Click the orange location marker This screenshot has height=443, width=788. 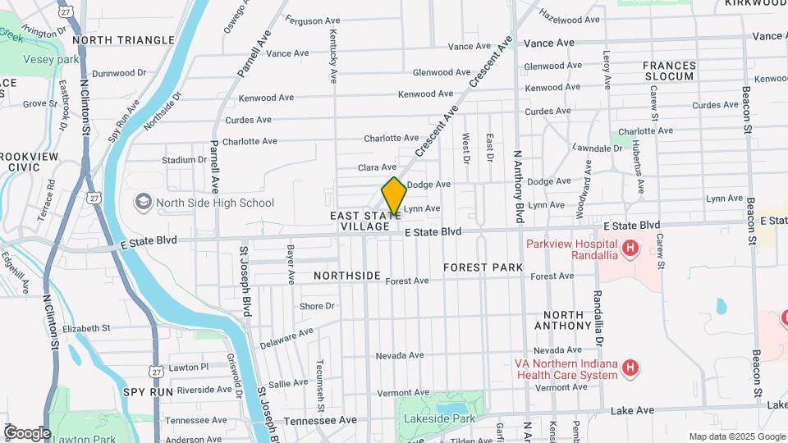coord(394,196)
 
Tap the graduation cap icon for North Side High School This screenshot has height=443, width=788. coord(144,202)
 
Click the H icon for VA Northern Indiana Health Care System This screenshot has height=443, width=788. coord(630,368)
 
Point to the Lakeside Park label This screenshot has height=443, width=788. coord(439,418)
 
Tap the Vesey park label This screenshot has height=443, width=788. coord(51,60)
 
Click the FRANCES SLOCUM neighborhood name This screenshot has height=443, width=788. coord(669,71)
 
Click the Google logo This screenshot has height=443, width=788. coord(27,432)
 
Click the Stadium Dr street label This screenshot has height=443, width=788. coord(184,160)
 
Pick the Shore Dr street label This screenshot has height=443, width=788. coord(317,306)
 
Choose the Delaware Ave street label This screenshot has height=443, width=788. coord(286,337)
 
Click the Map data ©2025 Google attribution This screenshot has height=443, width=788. coord(736,436)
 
